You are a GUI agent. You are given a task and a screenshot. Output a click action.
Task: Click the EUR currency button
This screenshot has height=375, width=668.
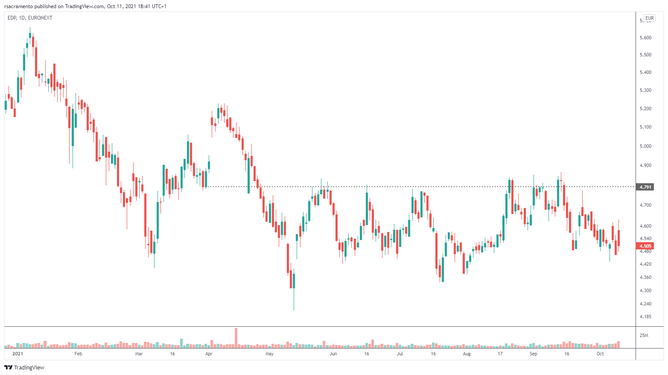coord(650,18)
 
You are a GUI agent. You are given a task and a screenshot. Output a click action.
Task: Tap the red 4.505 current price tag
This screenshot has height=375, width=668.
coord(645,246)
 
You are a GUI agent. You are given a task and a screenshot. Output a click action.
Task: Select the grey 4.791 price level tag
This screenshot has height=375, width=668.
coord(645,187)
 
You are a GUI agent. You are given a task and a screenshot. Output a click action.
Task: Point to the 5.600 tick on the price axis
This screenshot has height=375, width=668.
coord(645,38)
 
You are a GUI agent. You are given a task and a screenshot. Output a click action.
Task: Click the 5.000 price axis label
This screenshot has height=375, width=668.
coord(645,146)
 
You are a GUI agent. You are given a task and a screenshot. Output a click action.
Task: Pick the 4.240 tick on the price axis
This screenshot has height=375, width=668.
coord(645,304)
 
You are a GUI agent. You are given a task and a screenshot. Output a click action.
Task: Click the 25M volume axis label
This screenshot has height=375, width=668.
coord(644,335)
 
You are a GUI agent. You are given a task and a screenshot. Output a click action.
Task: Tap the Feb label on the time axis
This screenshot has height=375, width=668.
coord(78,354)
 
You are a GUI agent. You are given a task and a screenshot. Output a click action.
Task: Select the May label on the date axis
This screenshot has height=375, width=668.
coord(269,354)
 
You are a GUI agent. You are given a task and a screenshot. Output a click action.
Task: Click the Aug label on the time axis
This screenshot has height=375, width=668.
coord(467,354)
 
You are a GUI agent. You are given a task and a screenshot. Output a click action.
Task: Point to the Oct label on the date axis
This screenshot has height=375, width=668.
coord(600,354)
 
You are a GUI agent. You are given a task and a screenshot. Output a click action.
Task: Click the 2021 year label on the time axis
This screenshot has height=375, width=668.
coord(18,354)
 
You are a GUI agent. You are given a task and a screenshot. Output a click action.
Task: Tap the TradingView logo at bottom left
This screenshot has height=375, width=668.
coord(24,367)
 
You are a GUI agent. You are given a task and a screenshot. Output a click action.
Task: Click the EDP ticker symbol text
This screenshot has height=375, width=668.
coord(12,18)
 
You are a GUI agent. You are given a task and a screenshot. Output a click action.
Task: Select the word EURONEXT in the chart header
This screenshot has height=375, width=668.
coord(40,18)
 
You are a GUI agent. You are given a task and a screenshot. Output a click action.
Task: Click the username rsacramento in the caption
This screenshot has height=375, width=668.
coord(18,6)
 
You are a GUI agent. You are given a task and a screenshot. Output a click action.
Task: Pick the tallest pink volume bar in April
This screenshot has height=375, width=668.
coord(236,337)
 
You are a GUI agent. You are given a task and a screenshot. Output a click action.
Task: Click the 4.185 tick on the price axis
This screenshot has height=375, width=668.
coord(645,316)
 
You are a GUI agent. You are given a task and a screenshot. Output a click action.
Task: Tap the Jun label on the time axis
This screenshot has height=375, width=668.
coord(333,354)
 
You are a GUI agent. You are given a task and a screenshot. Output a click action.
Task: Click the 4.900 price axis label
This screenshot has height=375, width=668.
coord(645,165)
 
